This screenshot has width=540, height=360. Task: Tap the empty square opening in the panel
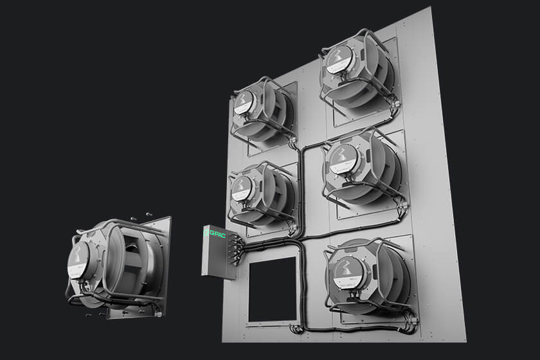pyautogui.click(x=273, y=289)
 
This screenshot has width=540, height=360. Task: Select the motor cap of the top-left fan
pyautogui.click(x=244, y=103)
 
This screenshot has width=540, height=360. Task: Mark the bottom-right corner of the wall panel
pyautogui.click(x=465, y=340)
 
